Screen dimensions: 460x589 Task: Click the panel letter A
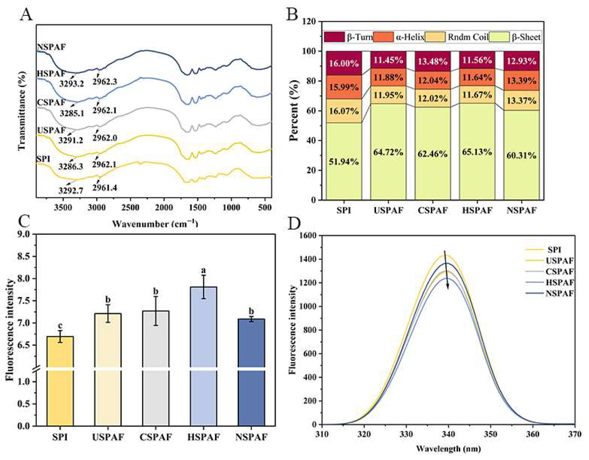pyautogui.click(x=26, y=15)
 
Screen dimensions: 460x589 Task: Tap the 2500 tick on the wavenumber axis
pyautogui.click(x=130, y=208)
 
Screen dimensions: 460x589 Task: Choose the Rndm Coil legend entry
pyautogui.click(x=468, y=37)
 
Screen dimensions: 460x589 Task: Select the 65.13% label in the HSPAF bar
pyautogui.click(x=477, y=152)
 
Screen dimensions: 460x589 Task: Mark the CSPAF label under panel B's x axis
pyautogui.click(x=432, y=210)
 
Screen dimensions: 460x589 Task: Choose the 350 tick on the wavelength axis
pyautogui.click(x=491, y=434)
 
